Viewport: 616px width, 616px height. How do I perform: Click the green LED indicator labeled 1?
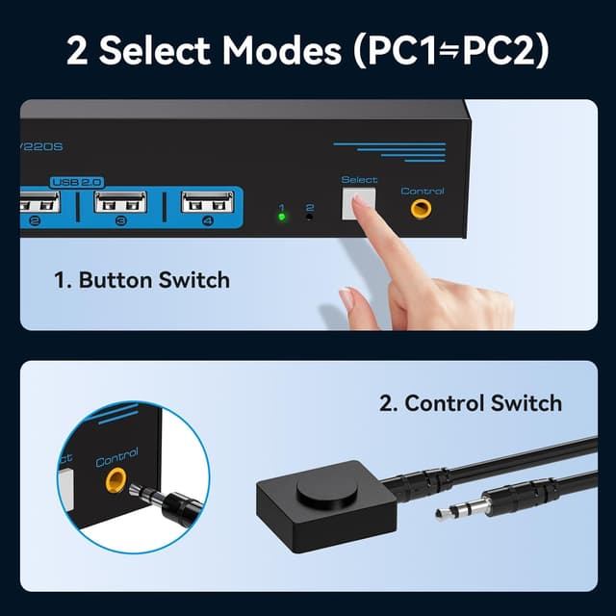[281, 216]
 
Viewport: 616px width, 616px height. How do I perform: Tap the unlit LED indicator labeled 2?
[310, 217]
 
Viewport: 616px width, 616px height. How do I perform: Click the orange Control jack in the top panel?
[421, 208]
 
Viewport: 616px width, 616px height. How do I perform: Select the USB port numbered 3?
[121, 204]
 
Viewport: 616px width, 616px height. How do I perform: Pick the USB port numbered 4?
[208, 204]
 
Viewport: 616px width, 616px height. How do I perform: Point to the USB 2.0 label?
[77, 181]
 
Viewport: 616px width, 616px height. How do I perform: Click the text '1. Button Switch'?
[141, 281]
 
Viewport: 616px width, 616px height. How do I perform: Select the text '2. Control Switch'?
[471, 402]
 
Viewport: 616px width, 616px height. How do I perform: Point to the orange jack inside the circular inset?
[115, 483]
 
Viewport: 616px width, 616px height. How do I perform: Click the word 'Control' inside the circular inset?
[116, 457]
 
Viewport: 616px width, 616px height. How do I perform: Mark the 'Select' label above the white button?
[359, 180]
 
